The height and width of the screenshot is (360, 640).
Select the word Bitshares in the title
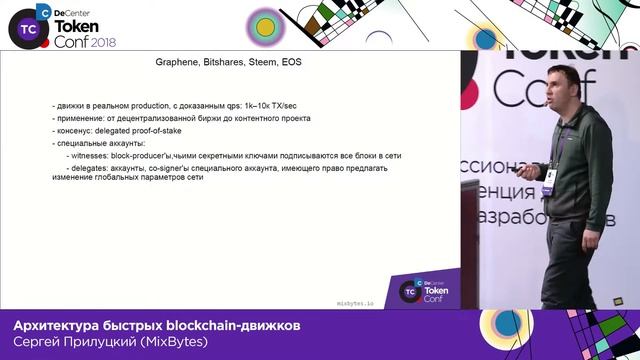point(230,61)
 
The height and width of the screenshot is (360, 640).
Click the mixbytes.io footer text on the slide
point(355,299)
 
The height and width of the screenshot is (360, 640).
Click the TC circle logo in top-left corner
point(23,30)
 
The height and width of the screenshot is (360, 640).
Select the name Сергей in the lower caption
point(39,345)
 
